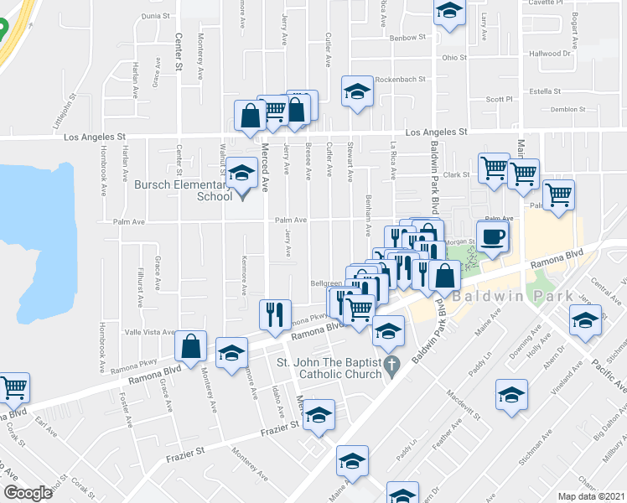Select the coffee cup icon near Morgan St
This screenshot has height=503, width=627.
click(x=493, y=236)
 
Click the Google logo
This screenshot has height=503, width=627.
click(x=28, y=493)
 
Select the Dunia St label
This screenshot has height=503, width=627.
click(x=156, y=15)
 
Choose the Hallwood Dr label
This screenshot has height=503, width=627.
click(x=550, y=53)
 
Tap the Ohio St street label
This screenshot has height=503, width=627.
click(x=454, y=57)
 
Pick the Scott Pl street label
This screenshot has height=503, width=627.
click(x=500, y=99)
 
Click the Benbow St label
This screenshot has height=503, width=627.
click(x=407, y=38)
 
